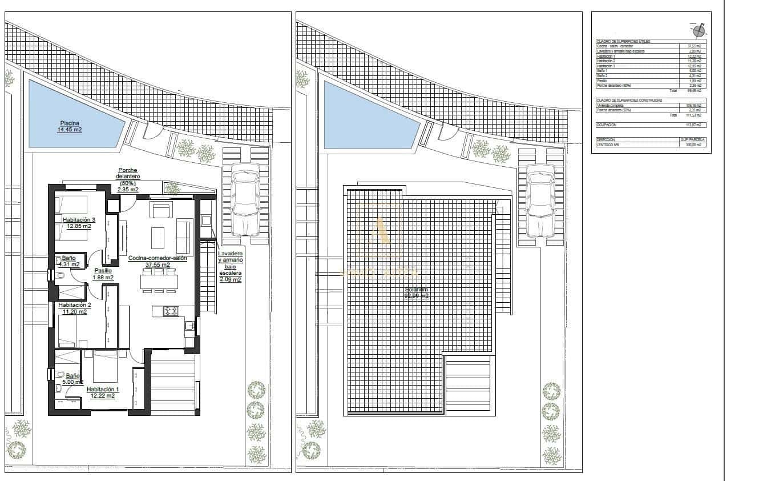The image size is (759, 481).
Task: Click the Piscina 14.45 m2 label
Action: pos(69,126)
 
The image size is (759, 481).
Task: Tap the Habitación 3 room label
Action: pos(79,223)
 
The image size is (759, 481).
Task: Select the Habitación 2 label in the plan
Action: pos(72,308)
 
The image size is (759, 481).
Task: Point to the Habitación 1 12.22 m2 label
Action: pos(100,392)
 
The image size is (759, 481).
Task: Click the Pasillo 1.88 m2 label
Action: pos(103,274)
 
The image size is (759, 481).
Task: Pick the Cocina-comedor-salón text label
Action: pos(158,261)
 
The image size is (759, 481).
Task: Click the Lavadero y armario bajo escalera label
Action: pos(230,266)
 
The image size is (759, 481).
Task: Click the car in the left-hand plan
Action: pos(245,200)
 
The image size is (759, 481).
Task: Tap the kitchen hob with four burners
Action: pos(171,311)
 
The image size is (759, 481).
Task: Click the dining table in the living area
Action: pos(159,282)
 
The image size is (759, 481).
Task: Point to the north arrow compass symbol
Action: pos(699,28)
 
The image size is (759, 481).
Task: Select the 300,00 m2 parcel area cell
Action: pos(694,145)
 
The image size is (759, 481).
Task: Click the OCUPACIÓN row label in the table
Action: pos(607,125)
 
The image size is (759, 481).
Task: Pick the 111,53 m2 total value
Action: pos(693,115)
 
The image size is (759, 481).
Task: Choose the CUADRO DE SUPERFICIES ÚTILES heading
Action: pos(623,42)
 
